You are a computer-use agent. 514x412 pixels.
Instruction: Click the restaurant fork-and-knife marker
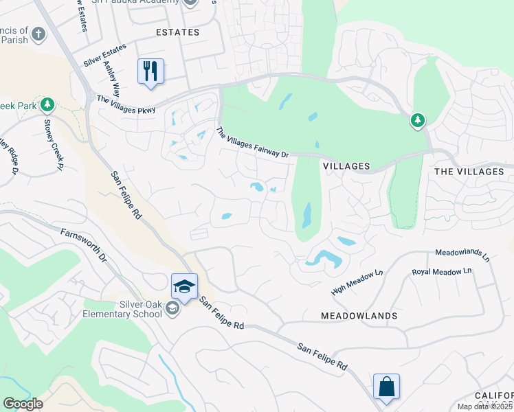151,71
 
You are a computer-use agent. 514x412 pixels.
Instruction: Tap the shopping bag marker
386,386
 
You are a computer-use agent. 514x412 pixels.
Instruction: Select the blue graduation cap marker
184,286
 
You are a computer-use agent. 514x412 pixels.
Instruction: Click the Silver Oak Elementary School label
124,309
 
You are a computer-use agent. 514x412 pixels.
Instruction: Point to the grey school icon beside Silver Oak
172,310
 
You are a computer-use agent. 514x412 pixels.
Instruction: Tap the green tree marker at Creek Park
47,105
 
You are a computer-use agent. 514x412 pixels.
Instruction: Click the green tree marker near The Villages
417,121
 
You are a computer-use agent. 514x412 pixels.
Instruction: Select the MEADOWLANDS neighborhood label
359,316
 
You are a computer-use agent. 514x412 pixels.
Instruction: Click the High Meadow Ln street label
357,282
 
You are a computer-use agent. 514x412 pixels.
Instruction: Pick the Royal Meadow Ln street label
442,271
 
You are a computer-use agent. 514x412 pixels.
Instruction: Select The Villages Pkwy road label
126,104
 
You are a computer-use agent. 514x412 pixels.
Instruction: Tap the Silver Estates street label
104,55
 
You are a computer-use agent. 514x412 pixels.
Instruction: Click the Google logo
23,404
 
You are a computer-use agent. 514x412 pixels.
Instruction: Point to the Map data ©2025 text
484,407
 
